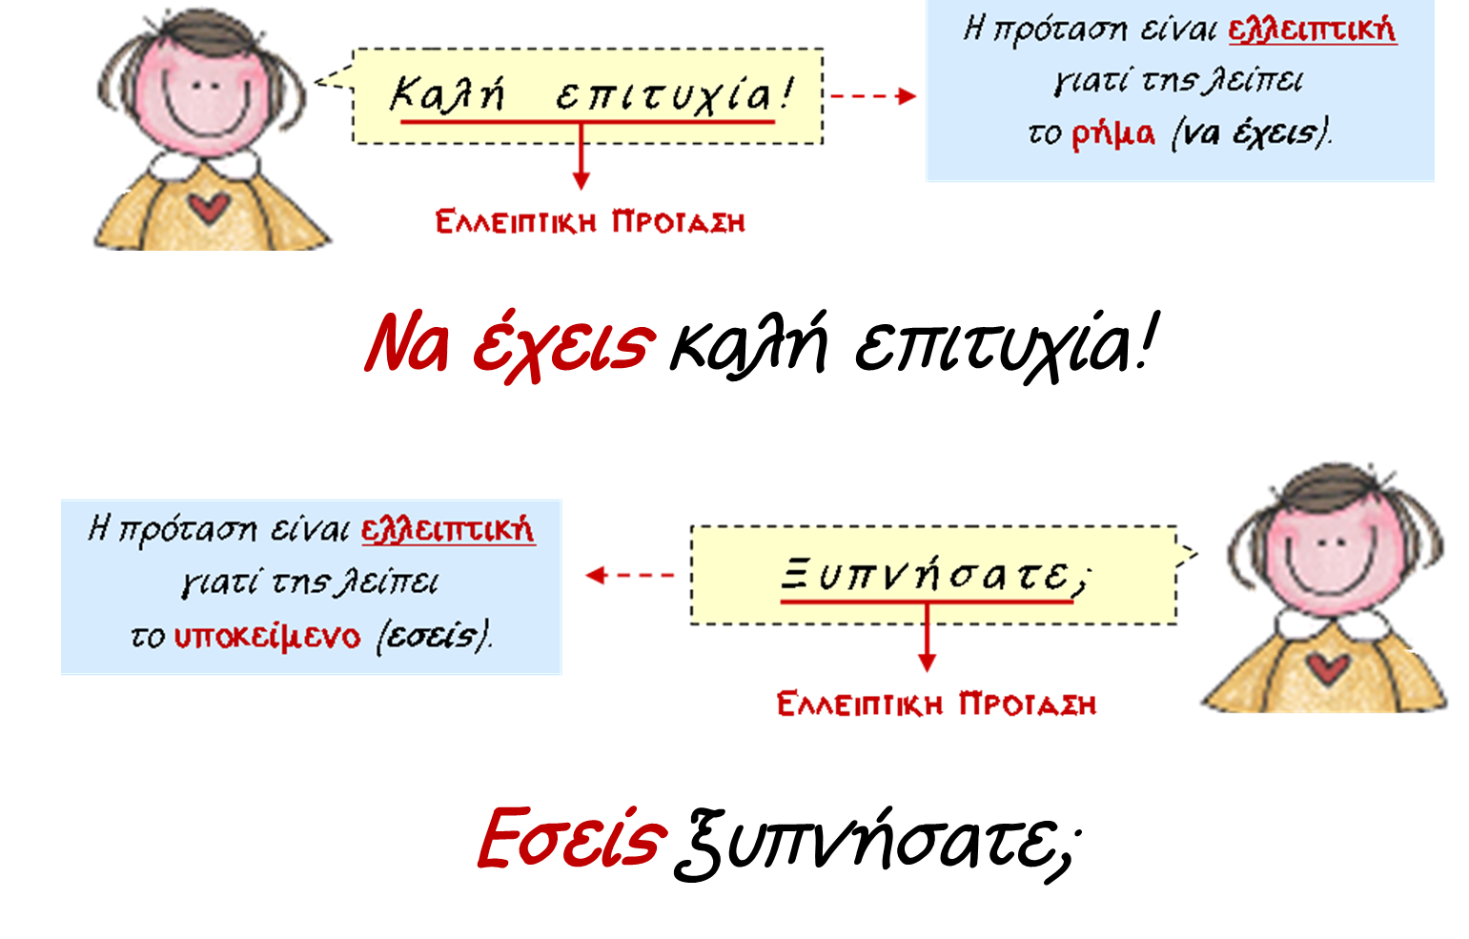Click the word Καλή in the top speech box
coord(446,94)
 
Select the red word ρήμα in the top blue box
coord(1112,133)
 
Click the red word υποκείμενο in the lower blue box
coord(268,636)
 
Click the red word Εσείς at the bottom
coord(570,838)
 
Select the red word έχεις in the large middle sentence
coord(563,344)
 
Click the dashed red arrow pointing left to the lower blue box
coord(630,575)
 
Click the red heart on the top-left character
coord(207,206)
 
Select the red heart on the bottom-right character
coord(1326,666)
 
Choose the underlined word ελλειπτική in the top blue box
coord(1312,30)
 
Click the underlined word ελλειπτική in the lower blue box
coord(448,529)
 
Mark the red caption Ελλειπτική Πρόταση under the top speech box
coord(590,222)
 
